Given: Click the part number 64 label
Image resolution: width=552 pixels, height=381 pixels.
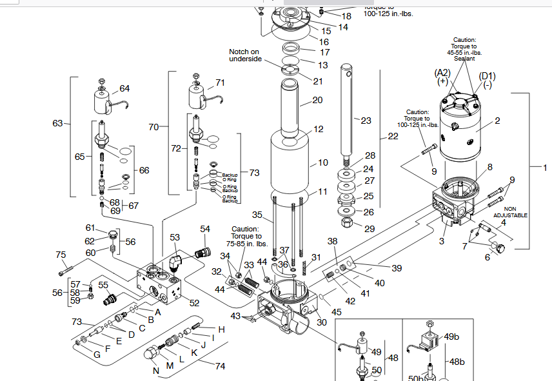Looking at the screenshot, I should (124, 88).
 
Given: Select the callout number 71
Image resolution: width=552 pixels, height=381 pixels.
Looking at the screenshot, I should (220, 83).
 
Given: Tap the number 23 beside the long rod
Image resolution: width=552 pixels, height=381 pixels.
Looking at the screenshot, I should (366, 121).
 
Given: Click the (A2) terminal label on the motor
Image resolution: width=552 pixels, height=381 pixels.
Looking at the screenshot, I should (442, 73).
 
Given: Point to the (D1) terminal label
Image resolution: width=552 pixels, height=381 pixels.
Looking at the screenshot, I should (487, 76).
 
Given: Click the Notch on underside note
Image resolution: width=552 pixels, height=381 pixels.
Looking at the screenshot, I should (245, 55).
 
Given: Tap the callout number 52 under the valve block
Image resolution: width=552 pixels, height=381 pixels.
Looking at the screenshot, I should (194, 302).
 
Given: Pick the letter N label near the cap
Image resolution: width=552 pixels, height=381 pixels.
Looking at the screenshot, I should (155, 371).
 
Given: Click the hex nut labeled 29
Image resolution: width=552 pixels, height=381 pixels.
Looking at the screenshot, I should (346, 224).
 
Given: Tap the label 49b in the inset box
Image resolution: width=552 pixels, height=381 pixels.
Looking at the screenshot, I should (452, 336).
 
